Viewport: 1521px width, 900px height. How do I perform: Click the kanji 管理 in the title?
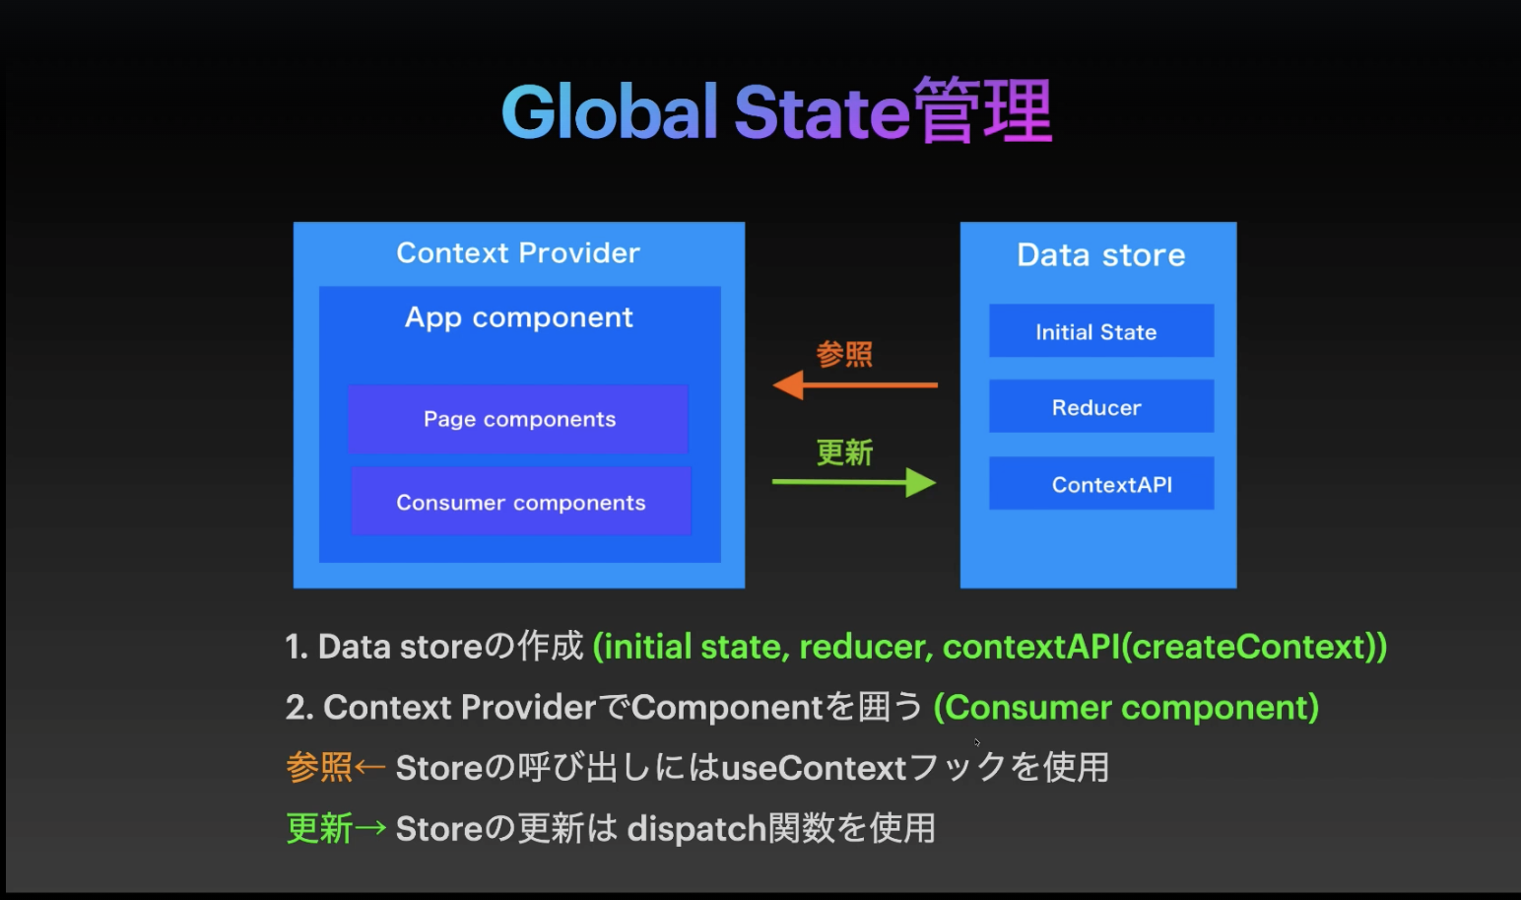click(x=982, y=111)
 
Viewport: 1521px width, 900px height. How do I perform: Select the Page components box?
click(x=518, y=419)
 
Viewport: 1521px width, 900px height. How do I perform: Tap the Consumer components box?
click(x=520, y=502)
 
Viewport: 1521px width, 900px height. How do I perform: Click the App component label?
click(x=518, y=317)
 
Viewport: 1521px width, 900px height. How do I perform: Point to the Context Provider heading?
click(x=518, y=253)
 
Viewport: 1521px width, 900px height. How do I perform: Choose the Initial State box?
click(x=1100, y=331)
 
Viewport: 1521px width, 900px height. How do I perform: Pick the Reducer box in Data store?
click(x=1100, y=407)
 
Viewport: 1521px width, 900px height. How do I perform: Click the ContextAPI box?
click(x=1100, y=484)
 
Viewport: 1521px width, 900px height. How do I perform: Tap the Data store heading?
click(x=1100, y=255)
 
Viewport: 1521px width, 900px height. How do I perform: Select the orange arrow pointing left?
click(x=854, y=384)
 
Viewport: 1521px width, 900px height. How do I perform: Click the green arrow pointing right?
click(x=854, y=482)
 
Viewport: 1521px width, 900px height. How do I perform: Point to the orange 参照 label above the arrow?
click(x=844, y=354)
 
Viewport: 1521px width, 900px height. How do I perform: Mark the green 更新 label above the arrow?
click(x=844, y=452)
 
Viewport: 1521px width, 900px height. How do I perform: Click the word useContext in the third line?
click(x=814, y=768)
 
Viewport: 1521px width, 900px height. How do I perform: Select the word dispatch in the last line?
click(x=696, y=829)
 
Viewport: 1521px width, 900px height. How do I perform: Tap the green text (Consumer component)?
click(x=1126, y=708)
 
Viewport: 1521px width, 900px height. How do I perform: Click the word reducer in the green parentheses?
click(x=864, y=647)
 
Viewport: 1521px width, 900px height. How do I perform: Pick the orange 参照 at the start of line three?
click(x=318, y=767)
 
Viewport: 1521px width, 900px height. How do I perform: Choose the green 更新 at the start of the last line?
click(x=318, y=828)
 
